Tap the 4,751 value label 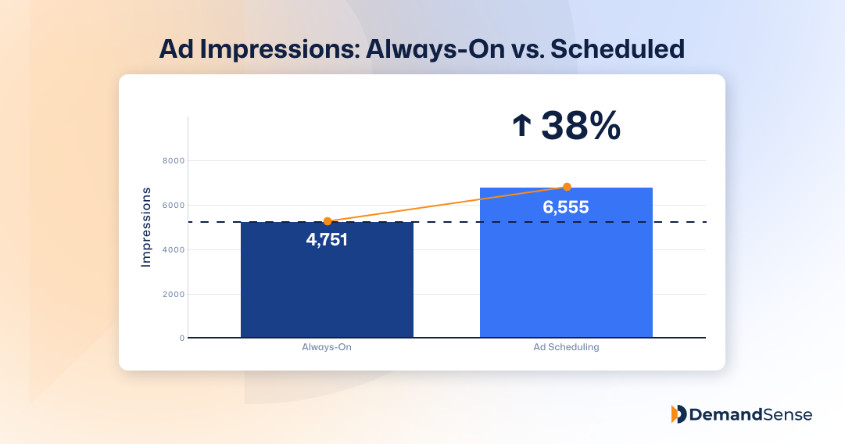click(x=327, y=239)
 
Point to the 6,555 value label click(x=566, y=207)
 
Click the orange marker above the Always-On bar click(x=328, y=221)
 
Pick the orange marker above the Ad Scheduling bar click(x=567, y=187)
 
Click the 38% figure click(x=580, y=125)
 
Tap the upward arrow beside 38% click(x=521, y=127)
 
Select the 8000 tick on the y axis click(x=174, y=161)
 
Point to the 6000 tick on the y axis click(x=174, y=206)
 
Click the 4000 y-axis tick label click(x=174, y=250)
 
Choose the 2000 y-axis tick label click(x=174, y=295)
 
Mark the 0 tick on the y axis click(x=181, y=338)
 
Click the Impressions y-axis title click(x=145, y=227)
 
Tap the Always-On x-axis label click(x=327, y=347)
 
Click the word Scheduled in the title click(x=618, y=48)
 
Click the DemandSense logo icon click(x=679, y=414)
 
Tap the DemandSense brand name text click(x=751, y=414)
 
